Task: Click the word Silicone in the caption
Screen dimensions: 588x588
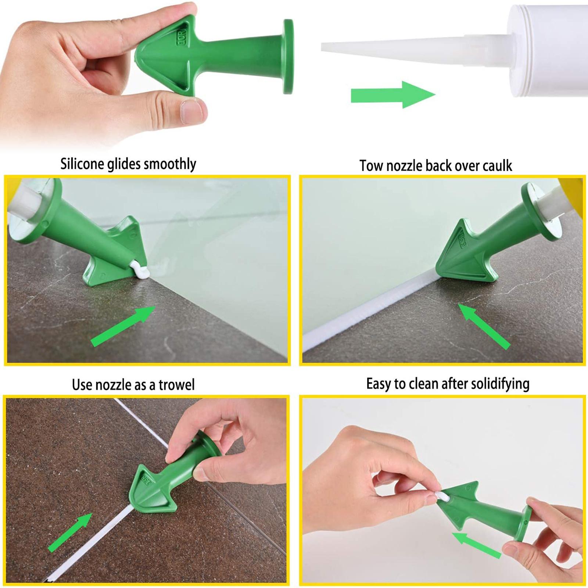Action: click(x=82, y=164)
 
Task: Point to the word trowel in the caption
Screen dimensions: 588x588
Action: click(x=176, y=385)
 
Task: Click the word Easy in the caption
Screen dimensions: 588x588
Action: click(x=379, y=384)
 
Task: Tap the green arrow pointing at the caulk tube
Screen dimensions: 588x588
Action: click(x=392, y=95)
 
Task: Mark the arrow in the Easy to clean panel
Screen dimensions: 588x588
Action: click(x=477, y=545)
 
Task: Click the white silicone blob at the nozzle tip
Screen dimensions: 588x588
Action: click(x=140, y=272)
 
